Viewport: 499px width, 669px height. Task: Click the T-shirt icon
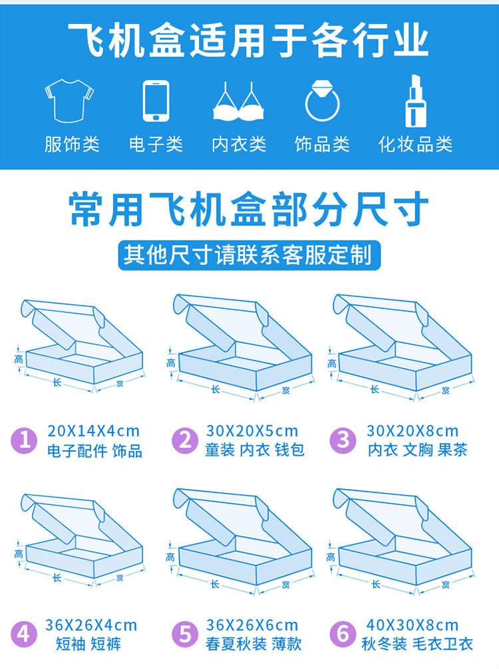[69, 100]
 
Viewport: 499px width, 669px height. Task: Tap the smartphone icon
[156, 101]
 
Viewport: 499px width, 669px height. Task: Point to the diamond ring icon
[322, 100]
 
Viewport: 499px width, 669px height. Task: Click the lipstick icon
[415, 101]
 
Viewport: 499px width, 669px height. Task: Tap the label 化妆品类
[415, 145]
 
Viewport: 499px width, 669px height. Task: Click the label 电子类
[156, 145]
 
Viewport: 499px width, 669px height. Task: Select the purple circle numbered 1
[25, 440]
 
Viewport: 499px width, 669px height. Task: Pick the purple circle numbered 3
[343, 440]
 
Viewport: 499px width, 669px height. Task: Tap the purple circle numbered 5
[185, 634]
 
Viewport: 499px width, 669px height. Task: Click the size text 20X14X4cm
[94, 431]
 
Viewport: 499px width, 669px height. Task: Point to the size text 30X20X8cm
[413, 431]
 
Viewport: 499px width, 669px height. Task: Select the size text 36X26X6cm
[252, 625]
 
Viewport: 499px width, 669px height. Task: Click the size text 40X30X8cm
[413, 625]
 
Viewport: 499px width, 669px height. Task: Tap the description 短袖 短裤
[88, 644]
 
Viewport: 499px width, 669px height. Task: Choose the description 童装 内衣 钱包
[255, 450]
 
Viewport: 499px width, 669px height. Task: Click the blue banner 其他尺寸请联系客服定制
[249, 255]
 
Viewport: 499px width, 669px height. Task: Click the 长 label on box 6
[376, 584]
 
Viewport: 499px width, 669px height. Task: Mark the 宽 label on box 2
[286, 390]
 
